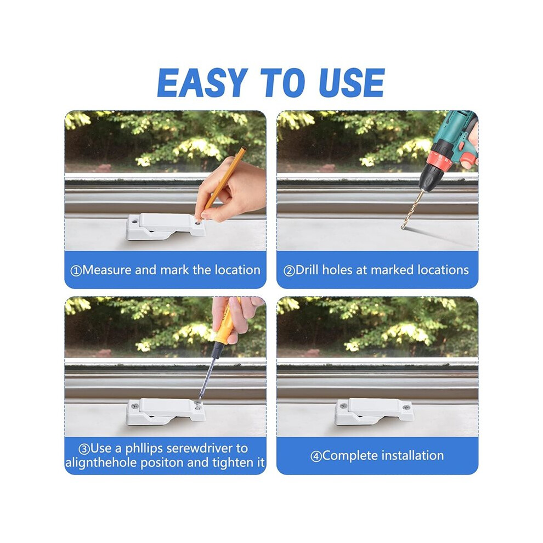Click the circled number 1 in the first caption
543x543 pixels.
pos(76,270)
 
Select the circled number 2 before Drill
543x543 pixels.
pos(289,270)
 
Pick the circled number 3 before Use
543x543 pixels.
pos(84,449)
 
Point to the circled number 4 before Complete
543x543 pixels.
pos(316,456)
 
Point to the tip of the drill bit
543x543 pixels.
pos(403,228)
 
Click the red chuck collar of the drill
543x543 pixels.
pos(439,157)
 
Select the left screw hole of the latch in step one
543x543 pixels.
pos(134,220)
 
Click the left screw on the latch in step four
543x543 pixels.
pos(343,405)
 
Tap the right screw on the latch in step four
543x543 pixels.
pos(406,407)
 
